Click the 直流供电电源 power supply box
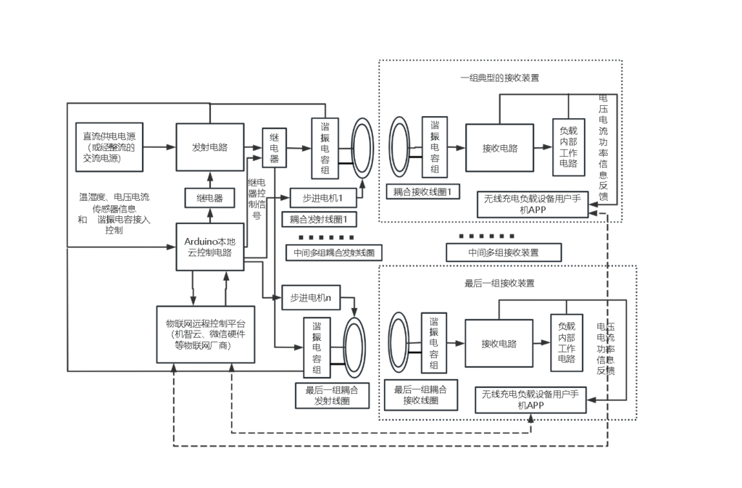coord(109,146)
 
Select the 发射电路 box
coord(209,146)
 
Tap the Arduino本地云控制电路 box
coord(209,247)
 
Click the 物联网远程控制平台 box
coord(206,334)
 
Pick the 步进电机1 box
coord(321,197)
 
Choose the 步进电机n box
coord(310,297)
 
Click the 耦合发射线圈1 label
coord(319,219)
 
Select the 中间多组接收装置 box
coord(504,252)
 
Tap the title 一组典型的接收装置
coord(499,78)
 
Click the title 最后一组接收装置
coord(499,284)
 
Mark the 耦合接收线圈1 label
coord(422,191)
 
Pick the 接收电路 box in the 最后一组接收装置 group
coord(499,344)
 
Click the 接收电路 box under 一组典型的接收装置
coord(500,148)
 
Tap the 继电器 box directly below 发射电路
coord(209,197)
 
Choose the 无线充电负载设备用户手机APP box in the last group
coord(530,400)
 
